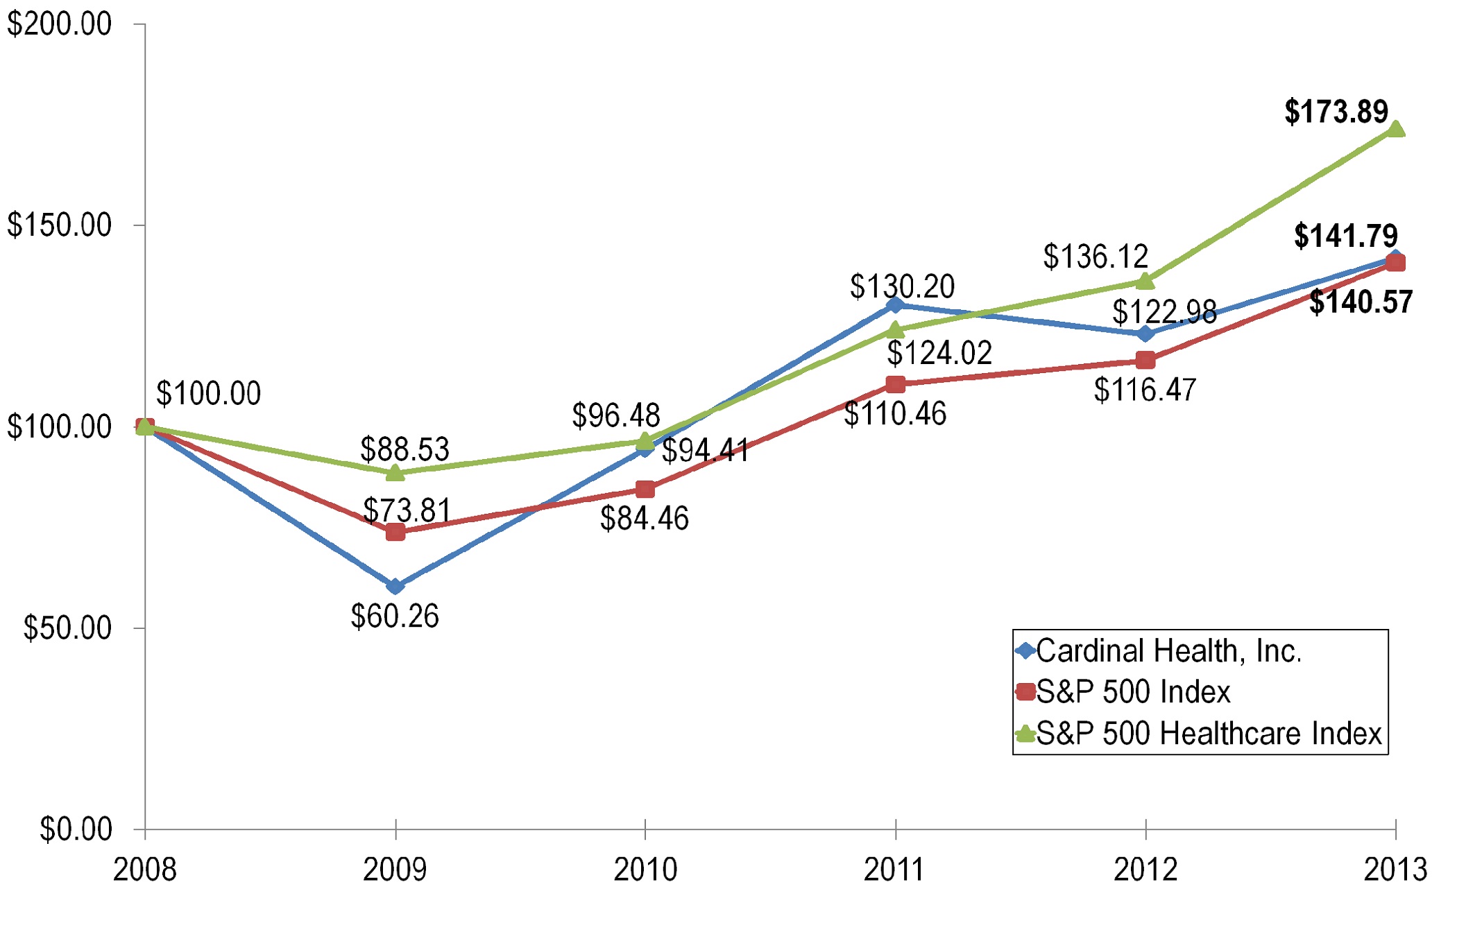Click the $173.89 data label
pyautogui.click(x=1336, y=112)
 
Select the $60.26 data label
pyautogui.click(x=395, y=616)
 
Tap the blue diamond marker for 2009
pyautogui.click(x=395, y=587)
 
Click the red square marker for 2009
pyautogui.click(x=395, y=532)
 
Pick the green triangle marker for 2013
pyautogui.click(x=1395, y=129)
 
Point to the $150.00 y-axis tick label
pyautogui.click(x=60, y=225)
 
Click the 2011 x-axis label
pyautogui.click(x=895, y=870)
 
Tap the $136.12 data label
pyautogui.click(x=1096, y=257)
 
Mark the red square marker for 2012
pyautogui.click(x=1145, y=361)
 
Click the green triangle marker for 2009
pyautogui.click(x=395, y=473)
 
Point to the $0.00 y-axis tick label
pyautogui.click(x=76, y=829)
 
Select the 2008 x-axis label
pyautogui.click(x=145, y=870)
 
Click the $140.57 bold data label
pyautogui.click(x=1361, y=302)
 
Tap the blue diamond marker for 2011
pyautogui.click(x=895, y=304)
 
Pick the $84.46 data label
pyautogui.click(x=644, y=519)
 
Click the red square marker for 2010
pyautogui.click(x=645, y=490)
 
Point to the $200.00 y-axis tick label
pyautogui.click(x=60, y=24)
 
